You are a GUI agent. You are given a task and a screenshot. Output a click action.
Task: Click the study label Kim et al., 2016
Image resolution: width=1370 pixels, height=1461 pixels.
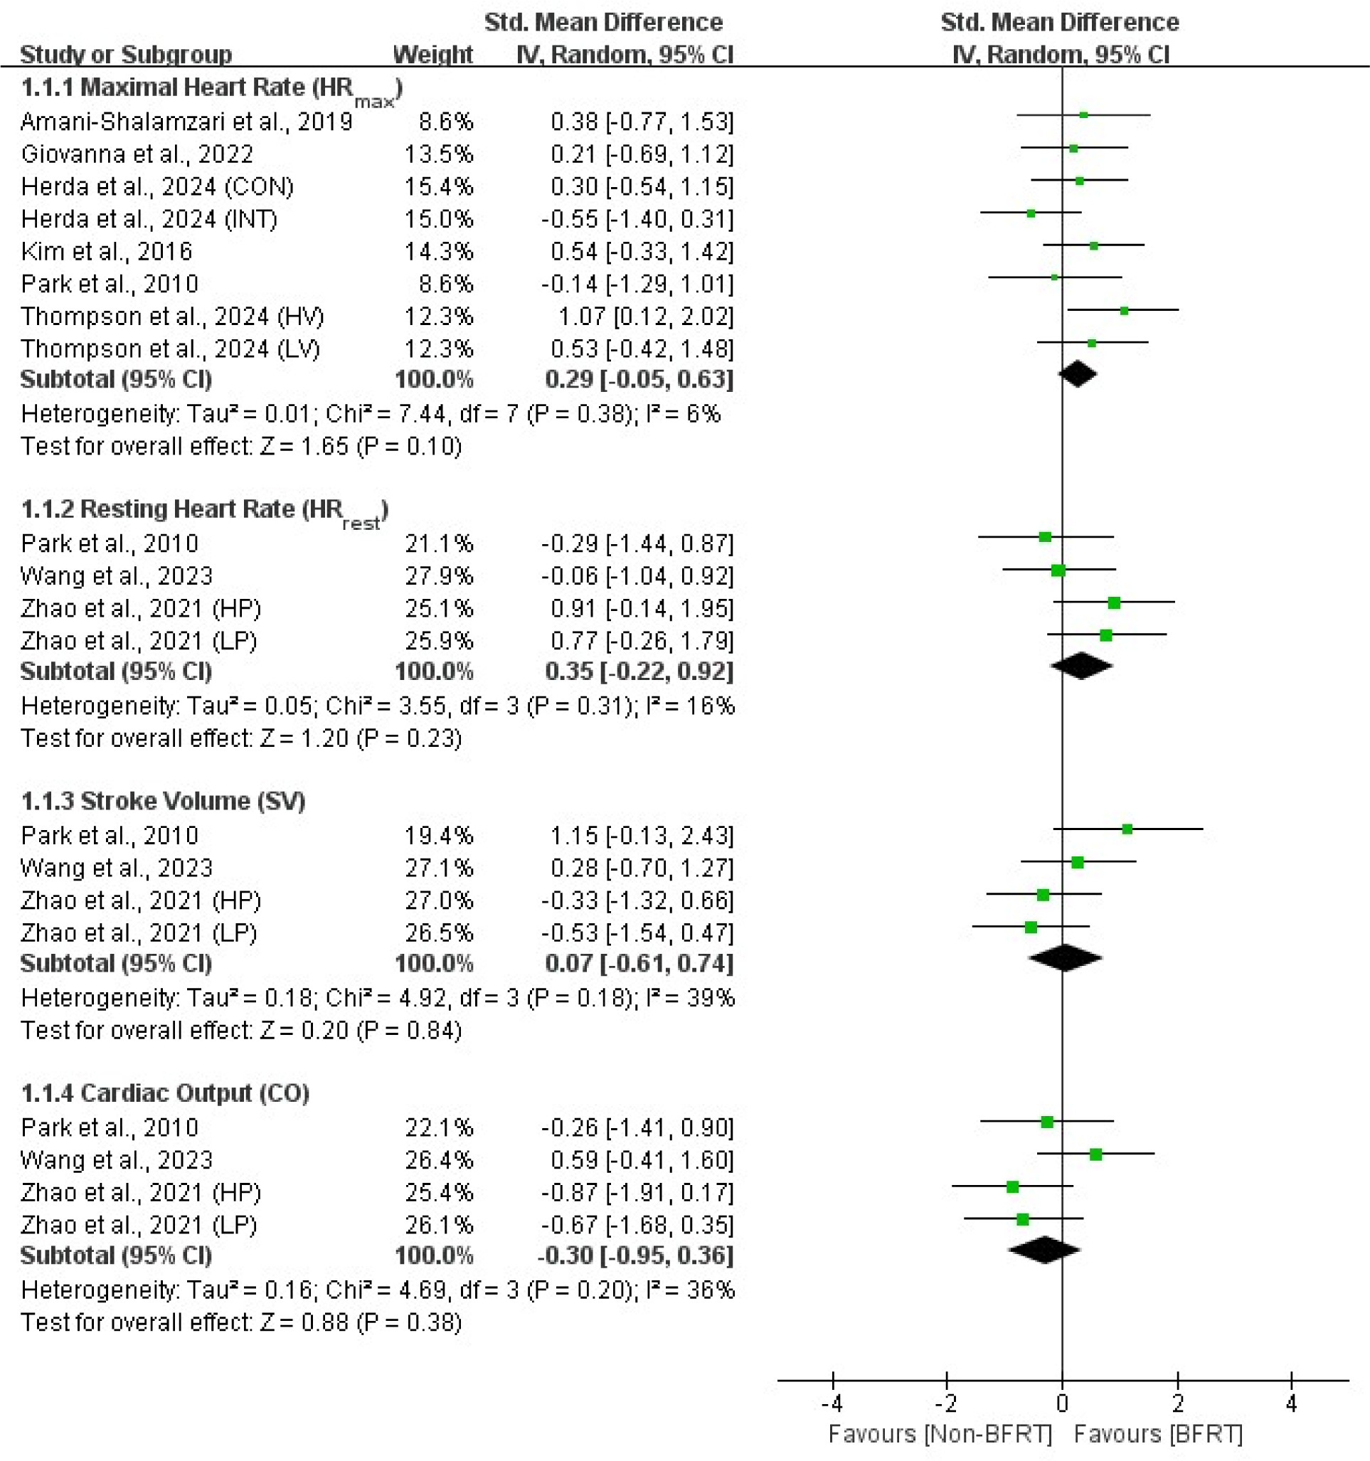[107, 251]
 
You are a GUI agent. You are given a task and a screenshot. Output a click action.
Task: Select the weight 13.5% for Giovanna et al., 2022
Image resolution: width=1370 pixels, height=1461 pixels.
[439, 154]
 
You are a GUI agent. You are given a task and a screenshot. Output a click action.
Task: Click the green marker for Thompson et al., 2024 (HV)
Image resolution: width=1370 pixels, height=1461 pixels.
[1124, 311]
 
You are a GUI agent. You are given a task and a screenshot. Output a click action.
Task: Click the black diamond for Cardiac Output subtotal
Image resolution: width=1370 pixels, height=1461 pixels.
[1044, 1250]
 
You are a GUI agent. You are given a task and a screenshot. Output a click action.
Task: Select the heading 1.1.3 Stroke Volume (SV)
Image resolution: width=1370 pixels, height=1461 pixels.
[163, 800]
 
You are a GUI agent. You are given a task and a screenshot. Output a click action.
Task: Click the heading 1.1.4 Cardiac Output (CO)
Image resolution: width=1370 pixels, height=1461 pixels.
[165, 1093]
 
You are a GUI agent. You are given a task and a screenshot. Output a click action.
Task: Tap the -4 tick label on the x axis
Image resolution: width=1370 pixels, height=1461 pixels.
[832, 1403]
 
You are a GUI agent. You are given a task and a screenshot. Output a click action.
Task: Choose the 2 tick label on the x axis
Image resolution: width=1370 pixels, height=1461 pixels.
[1177, 1403]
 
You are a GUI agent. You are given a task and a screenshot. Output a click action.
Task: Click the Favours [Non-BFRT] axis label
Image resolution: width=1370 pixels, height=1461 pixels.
[940, 1434]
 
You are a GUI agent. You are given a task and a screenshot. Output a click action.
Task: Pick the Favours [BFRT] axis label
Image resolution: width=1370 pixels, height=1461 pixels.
[1158, 1434]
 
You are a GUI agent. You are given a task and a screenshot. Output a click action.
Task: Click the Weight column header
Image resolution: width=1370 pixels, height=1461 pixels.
[433, 54]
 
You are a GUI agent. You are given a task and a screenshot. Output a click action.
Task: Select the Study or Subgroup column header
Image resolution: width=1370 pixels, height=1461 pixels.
[126, 54]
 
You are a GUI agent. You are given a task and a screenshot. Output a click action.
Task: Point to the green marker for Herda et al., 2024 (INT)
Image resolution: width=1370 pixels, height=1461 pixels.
[1031, 214]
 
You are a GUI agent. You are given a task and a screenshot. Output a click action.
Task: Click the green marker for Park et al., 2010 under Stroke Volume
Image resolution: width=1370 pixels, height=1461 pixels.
[1127, 829]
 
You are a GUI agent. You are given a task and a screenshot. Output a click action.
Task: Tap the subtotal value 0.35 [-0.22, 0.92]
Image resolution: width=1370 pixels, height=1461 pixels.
[639, 671]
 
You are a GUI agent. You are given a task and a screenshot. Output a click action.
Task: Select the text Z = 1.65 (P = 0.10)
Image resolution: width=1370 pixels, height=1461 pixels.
[360, 446]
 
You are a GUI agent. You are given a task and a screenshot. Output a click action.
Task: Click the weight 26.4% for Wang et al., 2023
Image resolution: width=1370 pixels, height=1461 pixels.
[439, 1159]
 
